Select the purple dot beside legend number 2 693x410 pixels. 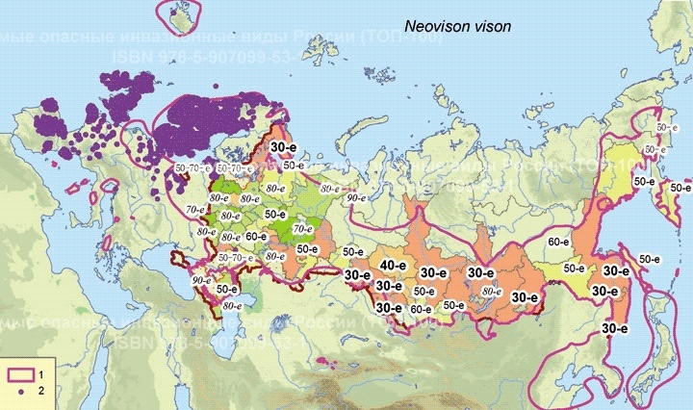pyautogui.click(x=19, y=392)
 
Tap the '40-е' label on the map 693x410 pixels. pyautogui.click(x=392, y=266)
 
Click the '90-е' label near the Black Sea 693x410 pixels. pyautogui.click(x=200, y=280)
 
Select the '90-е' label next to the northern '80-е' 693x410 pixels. pyautogui.click(x=355, y=196)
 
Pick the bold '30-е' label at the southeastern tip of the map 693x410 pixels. pyautogui.click(x=615, y=328)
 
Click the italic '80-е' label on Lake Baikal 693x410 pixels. pyautogui.click(x=491, y=290)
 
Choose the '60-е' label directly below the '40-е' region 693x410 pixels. pyautogui.click(x=421, y=309)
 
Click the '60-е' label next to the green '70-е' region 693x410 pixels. pyautogui.click(x=255, y=236)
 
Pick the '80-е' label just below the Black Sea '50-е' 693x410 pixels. pyautogui.click(x=231, y=305)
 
